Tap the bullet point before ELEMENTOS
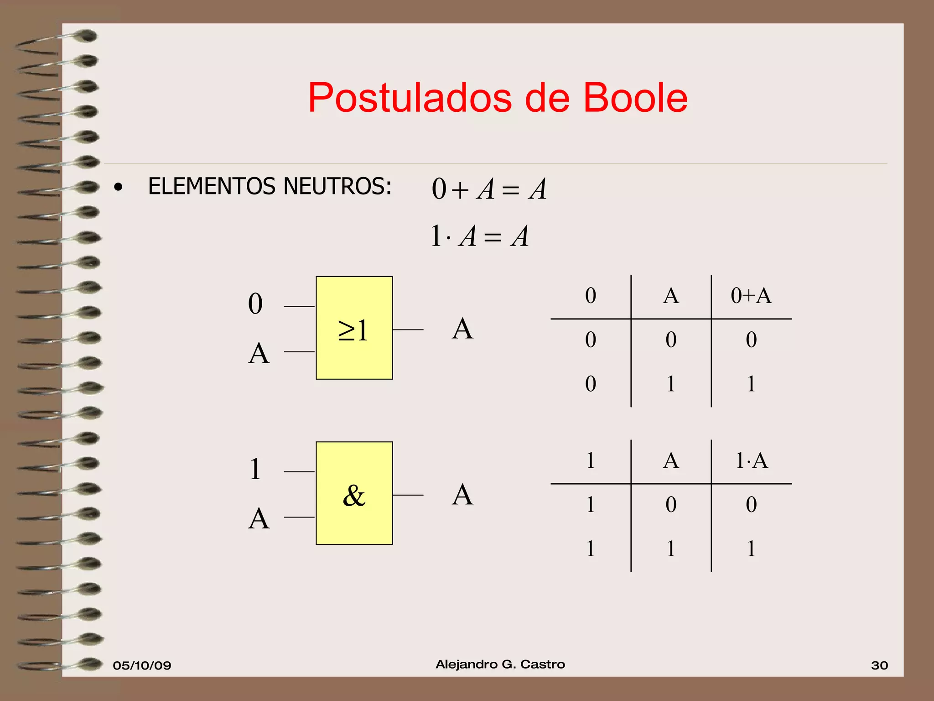tap(119, 187)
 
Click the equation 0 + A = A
tap(488, 189)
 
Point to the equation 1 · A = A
tap(479, 236)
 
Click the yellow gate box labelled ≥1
tap(354, 328)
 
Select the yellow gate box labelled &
tap(354, 493)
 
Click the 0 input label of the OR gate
tap(255, 304)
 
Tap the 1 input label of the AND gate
tap(255, 469)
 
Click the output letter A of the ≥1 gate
tap(462, 329)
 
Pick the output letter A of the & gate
tap(462, 495)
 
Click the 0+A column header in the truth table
tap(751, 296)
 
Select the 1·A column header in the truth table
tap(751, 460)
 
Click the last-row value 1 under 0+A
tap(751, 384)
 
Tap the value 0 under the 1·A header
tap(751, 505)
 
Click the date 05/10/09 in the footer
tap(142, 665)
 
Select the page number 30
tap(879, 665)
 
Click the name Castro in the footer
tap(542, 664)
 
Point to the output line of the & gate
tap(408, 495)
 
